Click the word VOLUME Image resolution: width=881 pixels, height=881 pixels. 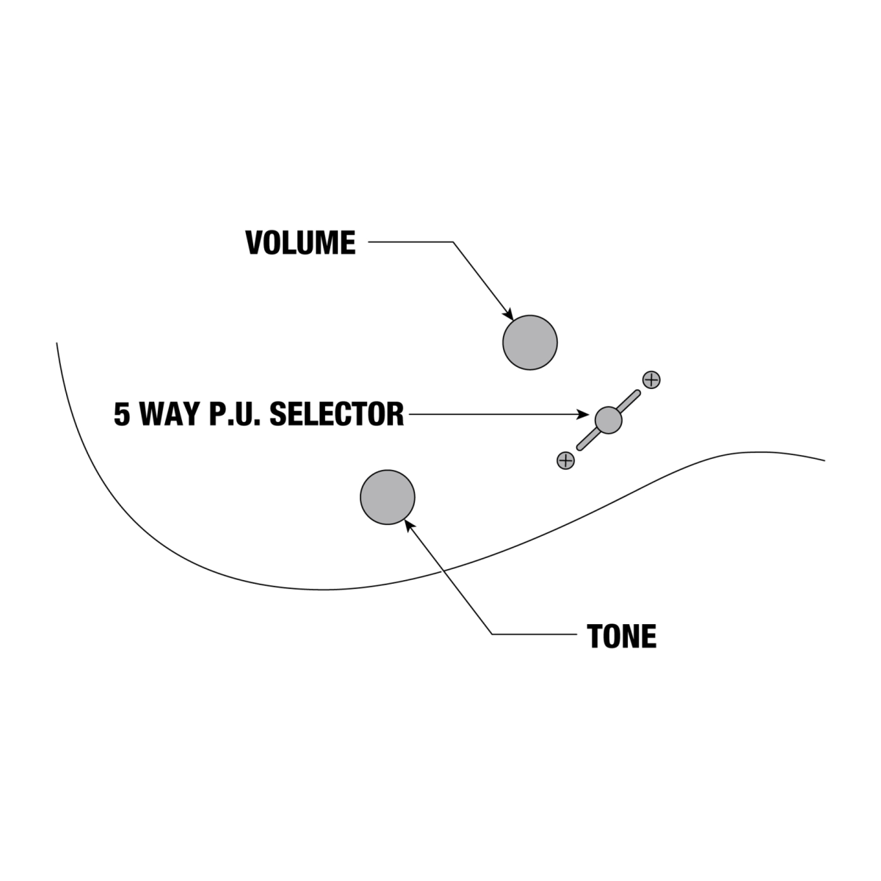(x=300, y=242)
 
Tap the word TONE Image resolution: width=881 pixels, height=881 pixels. (x=622, y=636)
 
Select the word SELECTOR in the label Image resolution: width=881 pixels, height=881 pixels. (x=336, y=414)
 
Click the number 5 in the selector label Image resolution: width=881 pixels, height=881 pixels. (x=122, y=414)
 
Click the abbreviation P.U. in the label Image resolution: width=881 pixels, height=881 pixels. (x=234, y=414)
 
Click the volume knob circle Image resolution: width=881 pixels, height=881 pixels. (x=530, y=342)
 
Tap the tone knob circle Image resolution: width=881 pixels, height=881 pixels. (x=387, y=497)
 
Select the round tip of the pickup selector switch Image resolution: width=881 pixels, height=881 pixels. (x=608, y=420)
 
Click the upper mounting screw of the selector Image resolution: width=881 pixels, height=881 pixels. (x=651, y=380)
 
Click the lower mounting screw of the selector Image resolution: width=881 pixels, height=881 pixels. (x=565, y=460)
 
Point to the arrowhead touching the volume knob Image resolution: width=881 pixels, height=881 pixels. (x=508, y=314)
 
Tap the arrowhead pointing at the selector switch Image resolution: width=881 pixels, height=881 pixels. (x=583, y=414)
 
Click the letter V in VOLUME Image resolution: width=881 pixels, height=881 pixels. (x=255, y=242)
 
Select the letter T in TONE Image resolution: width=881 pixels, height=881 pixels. (x=595, y=636)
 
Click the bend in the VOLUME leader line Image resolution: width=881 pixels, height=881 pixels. (x=453, y=242)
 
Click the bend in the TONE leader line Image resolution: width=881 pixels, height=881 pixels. (x=492, y=634)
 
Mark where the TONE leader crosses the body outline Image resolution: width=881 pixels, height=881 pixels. (x=443, y=571)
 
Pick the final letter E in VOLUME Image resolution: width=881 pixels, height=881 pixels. (x=349, y=242)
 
